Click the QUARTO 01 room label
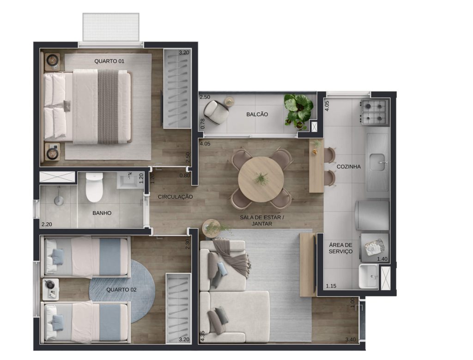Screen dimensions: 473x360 pyautogui.click(x=109, y=61)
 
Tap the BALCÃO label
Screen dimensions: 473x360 pyautogui.click(x=257, y=114)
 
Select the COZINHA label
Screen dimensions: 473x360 pyautogui.click(x=348, y=166)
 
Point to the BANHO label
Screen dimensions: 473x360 pyautogui.click(x=102, y=213)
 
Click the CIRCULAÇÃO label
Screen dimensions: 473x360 pyautogui.click(x=175, y=197)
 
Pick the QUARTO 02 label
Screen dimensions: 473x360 pyautogui.click(x=121, y=290)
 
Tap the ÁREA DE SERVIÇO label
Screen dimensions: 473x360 pyautogui.click(x=340, y=248)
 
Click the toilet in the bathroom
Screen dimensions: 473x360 pyautogui.click(x=94, y=187)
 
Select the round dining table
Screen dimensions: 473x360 pyautogui.click(x=261, y=179)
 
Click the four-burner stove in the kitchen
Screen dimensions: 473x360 pyautogui.click(x=374, y=112)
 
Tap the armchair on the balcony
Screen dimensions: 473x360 pyautogui.click(x=215, y=112)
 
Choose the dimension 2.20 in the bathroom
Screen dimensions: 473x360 pyautogui.click(x=47, y=224)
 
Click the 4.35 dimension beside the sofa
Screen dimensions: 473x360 pyautogui.click(x=202, y=336)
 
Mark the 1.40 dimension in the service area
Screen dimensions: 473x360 pyautogui.click(x=382, y=259)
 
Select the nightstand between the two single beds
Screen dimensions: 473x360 pyautogui.click(x=51, y=289)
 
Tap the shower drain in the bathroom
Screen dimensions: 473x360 pyautogui.click(x=59, y=201)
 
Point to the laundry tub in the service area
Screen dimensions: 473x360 pyautogui.click(x=368, y=276)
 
